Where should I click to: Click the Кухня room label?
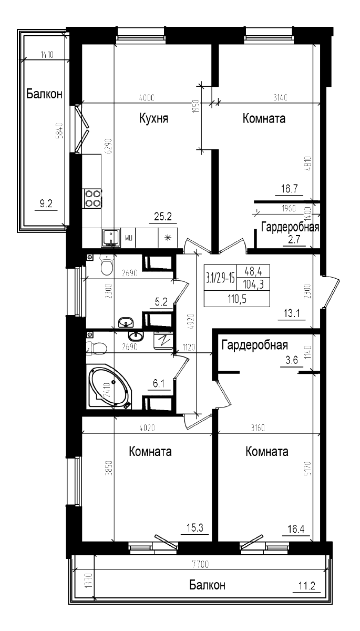[x=153, y=118]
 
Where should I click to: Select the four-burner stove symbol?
[x=93, y=198]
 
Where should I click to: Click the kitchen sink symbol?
[x=111, y=237]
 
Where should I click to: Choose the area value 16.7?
[x=286, y=189]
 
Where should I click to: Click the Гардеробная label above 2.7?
[x=290, y=227]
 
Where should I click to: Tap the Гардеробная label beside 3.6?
[x=254, y=345]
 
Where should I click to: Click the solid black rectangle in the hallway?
[x=236, y=286]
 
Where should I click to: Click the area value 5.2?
[x=161, y=302]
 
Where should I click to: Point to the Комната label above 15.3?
[x=150, y=452]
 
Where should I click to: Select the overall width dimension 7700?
[x=200, y=565]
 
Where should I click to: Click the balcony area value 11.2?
[x=306, y=586]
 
